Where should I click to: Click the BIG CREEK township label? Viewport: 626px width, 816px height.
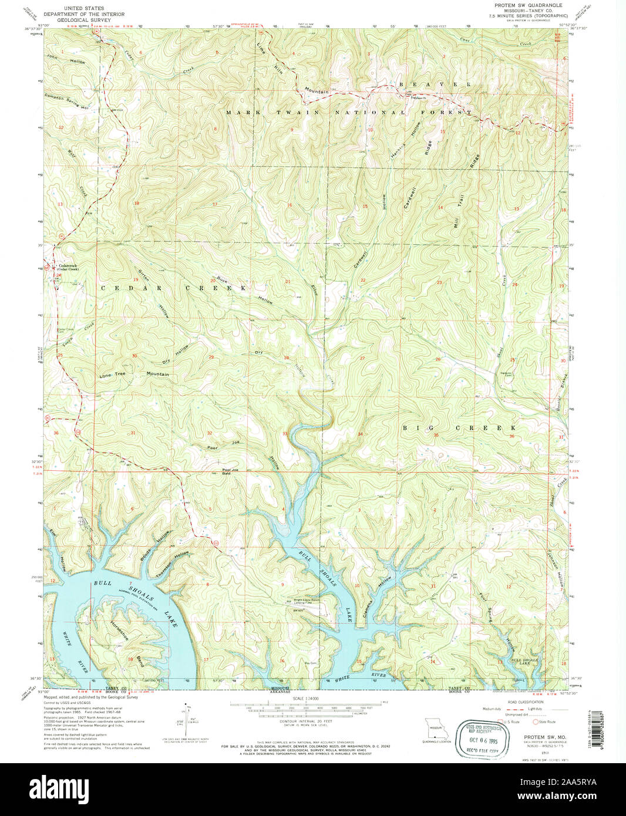[459, 428]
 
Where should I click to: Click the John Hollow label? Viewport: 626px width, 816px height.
[66, 59]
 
